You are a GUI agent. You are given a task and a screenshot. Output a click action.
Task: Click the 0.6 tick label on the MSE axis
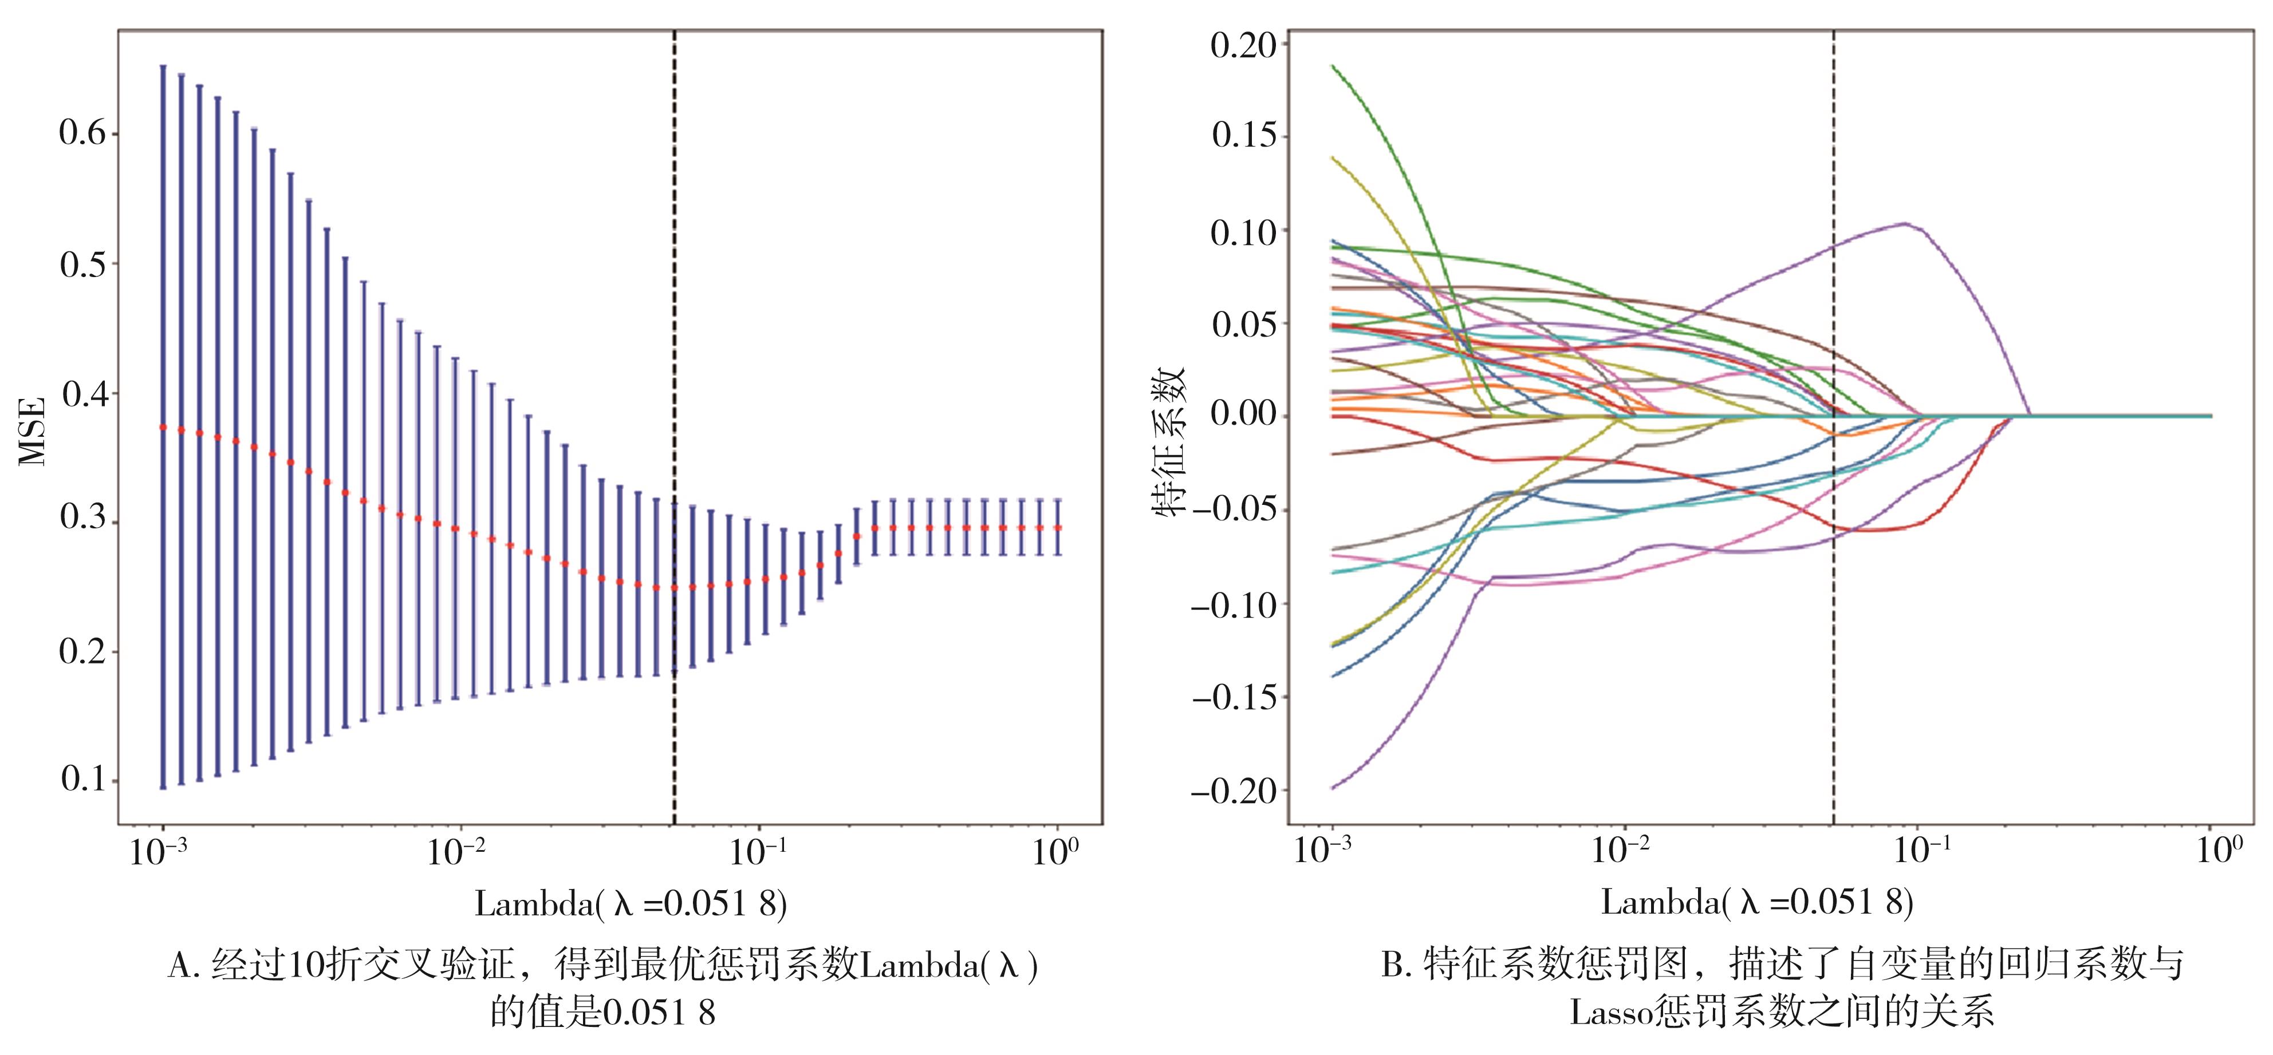(x=82, y=134)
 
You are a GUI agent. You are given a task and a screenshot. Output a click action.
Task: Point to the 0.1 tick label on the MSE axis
(x=82, y=780)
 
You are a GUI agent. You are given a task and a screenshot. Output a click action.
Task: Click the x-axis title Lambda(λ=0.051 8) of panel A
(x=630, y=903)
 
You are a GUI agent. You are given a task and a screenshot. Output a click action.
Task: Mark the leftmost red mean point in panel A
(x=163, y=427)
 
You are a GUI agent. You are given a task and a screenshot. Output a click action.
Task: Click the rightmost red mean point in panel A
(x=1058, y=528)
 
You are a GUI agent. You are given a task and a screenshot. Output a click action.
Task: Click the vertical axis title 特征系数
(x=1171, y=441)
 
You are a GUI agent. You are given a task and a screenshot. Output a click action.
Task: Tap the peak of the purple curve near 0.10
(x=1905, y=224)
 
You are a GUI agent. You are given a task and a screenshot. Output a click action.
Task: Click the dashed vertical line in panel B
(x=1834, y=618)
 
